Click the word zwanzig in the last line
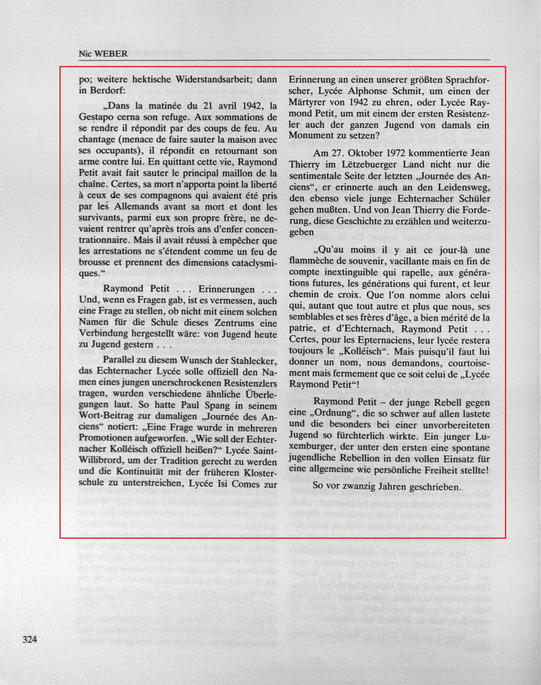(x=357, y=486)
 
